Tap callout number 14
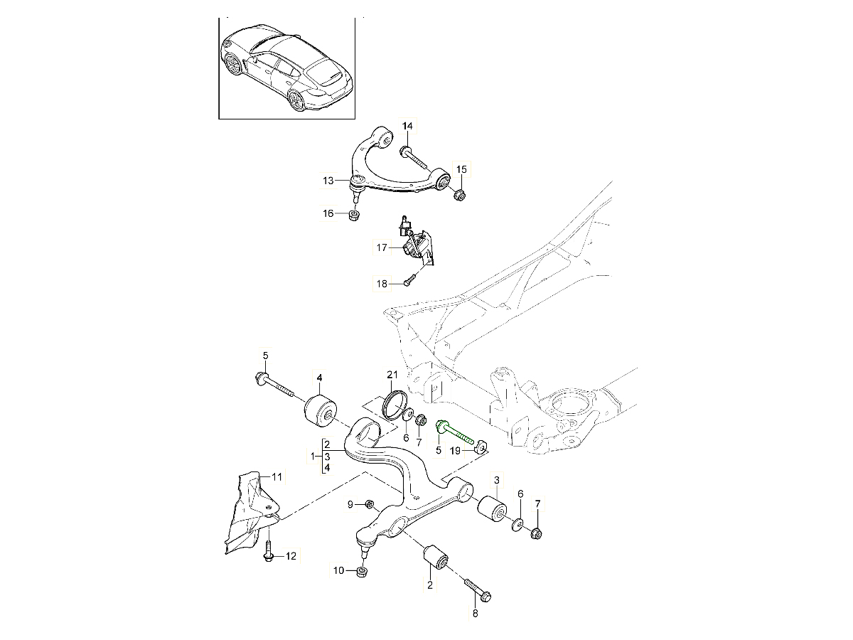[x=407, y=127]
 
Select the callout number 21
[x=393, y=375]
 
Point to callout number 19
[x=463, y=451]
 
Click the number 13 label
[x=328, y=181]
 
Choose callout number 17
[x=382, y=247]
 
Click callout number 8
[x=475, y=613]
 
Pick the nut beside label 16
[x=354, y=215]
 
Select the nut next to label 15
[x=459, y=193]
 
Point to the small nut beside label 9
[x=370, y=505]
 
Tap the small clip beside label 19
[x=481, y=447]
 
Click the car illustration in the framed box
[x=286, y=68]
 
